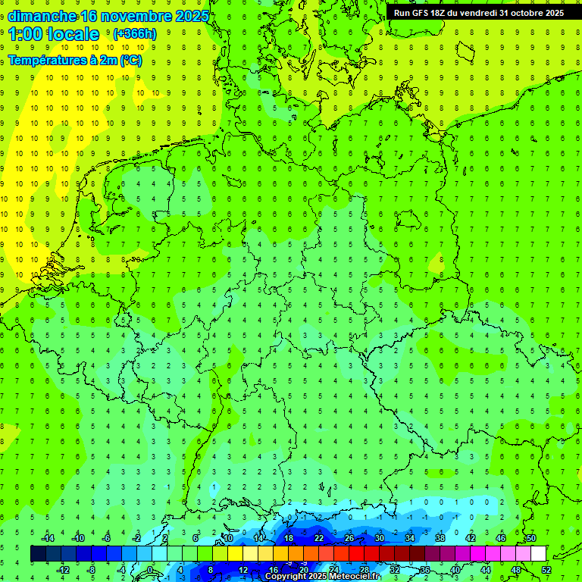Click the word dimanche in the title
pyautogui.click(x=42, y=16)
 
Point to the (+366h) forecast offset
pyautogui.click(x=134, y=34)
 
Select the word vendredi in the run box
pyautogui.click(x=477, y=13)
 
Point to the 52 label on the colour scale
pyautogui.click(x=546, y=570)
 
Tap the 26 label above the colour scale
pyautogui.click(x=349, y=538)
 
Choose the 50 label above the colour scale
pyautogui.click(x=530, y=538)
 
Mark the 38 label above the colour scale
pyautogui.click(x=440, y=538)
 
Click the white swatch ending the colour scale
pyautogui.click(x=539, y=554)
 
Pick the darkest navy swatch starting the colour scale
pyautogui.click(x=38, y=554)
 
